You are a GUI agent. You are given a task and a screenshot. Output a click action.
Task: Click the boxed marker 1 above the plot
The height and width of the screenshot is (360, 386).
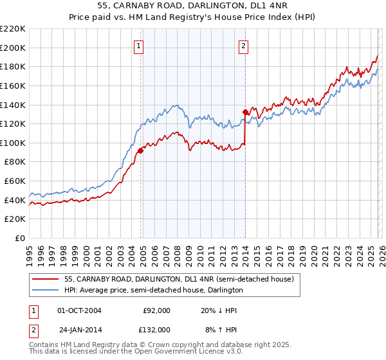click(139, 46)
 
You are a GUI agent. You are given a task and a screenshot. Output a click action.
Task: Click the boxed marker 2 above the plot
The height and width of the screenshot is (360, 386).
click(244, 46)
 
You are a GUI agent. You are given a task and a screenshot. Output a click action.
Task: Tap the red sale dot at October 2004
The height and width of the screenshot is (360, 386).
click(140, 150)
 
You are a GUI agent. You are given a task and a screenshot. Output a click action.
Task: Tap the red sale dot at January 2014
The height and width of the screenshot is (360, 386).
click(245, 112)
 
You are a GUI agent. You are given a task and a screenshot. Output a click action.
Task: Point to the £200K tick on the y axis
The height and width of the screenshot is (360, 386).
click(13, 48)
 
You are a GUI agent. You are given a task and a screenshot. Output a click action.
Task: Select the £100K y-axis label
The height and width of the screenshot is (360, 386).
click(13, 143)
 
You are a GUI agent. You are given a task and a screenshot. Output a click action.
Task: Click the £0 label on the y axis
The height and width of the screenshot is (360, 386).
click(19, 239)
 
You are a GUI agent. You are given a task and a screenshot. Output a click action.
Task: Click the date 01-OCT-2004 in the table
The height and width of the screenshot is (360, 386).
click(79, 310)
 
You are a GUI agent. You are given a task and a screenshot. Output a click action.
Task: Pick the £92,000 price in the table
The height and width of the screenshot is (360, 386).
click(156, 310)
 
